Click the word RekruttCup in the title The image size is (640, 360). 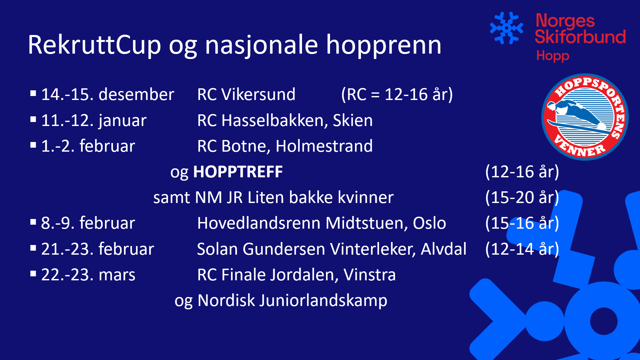click(x=95, y=45)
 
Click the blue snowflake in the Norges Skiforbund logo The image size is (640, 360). click(x=506, y=28)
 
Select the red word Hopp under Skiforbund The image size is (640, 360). click(x=553, y=56)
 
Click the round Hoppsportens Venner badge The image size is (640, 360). click(x=585, y=117)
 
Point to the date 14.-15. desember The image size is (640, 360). click(x=108, y=94)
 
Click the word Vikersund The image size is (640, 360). click(x=258, y=94)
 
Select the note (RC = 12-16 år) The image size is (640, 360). click(x=397, y=95)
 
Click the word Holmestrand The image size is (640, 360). click(x=324, y=146)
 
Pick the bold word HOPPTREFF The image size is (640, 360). click(x=238, y=172)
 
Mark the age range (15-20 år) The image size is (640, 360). click(x=522, y=198)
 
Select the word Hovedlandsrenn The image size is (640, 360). click(x=259, y=223)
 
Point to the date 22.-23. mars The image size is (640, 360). click(x=88, y=275)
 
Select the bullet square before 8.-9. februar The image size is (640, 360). click(x=33, y=222)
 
